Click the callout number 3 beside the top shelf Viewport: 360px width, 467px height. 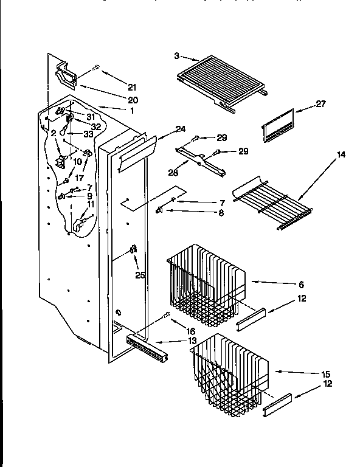176,55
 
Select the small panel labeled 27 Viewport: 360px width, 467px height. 278,126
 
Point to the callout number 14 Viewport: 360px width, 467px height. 341,155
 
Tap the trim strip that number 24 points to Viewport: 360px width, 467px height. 136,152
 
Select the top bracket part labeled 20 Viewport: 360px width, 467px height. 66,76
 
